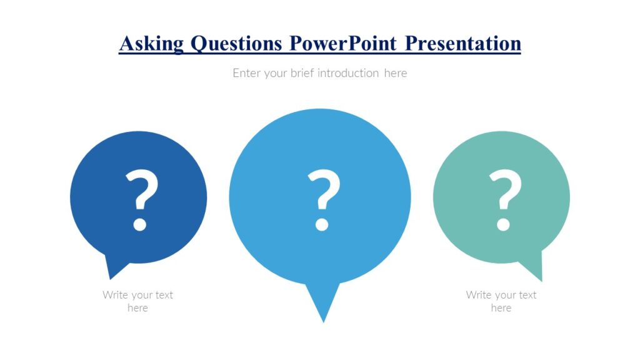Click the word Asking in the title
pos(151,44)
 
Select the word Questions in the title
pos(236,44)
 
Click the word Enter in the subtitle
pos(246,73)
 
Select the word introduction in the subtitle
pos(348,73)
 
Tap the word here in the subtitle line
pos(395,73)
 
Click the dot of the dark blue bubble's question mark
pos(139,224)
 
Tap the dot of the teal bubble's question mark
pos(503,224)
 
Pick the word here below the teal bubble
pos(501,308)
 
